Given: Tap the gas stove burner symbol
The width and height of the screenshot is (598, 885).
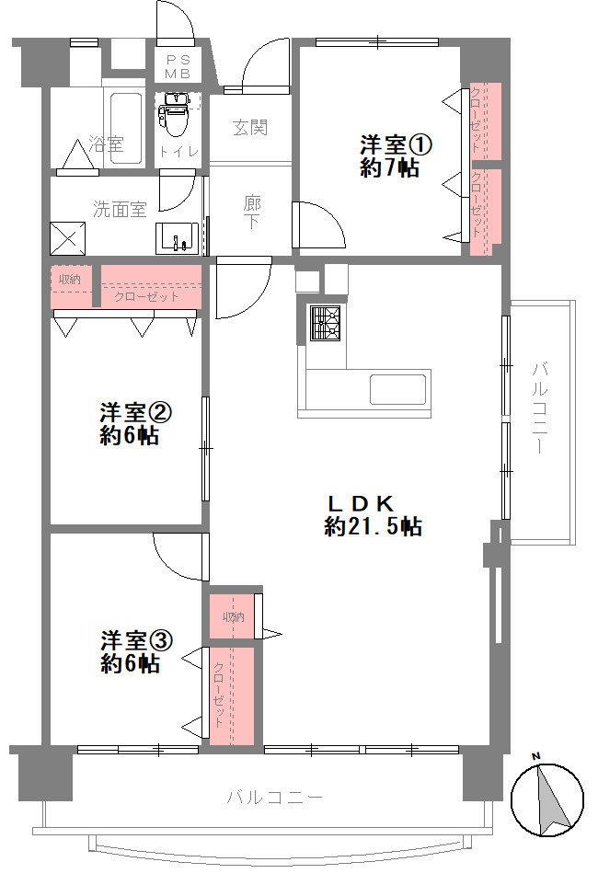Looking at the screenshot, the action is [326, 323].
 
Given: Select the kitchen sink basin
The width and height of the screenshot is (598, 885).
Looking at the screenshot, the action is [397, 389].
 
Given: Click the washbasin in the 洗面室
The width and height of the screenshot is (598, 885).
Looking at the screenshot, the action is [178, 237].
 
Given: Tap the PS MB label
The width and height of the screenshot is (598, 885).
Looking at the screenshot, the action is [178, 66].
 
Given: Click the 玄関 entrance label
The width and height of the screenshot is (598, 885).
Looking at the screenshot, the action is [250, 128].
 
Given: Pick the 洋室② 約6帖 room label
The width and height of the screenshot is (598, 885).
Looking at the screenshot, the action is [136, 423].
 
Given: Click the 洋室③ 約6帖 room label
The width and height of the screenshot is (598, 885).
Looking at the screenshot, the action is [137, 651].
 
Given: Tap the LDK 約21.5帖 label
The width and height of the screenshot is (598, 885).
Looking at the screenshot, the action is [373, 515].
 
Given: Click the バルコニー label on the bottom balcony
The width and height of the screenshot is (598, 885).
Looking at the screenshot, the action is [274, 798].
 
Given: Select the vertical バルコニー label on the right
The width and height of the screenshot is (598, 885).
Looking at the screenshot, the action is [540, 408].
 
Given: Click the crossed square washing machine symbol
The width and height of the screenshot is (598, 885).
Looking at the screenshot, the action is [68, 239].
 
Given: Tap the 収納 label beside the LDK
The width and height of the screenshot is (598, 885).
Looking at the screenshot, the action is [233, 617].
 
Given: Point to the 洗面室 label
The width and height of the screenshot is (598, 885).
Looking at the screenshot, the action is [120, 210].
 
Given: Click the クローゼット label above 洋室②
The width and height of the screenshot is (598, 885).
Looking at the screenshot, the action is [146, 297].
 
